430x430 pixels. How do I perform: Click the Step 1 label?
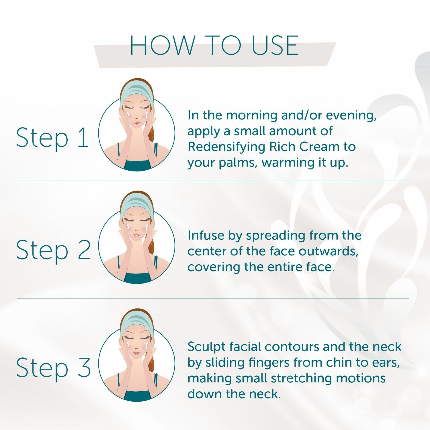(52, 138)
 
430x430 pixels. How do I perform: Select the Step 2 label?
(53, 250)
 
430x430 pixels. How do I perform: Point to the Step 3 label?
(53, 368)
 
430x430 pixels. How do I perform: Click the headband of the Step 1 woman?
(136, 93)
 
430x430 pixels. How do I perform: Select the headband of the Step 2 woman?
(136, 206)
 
